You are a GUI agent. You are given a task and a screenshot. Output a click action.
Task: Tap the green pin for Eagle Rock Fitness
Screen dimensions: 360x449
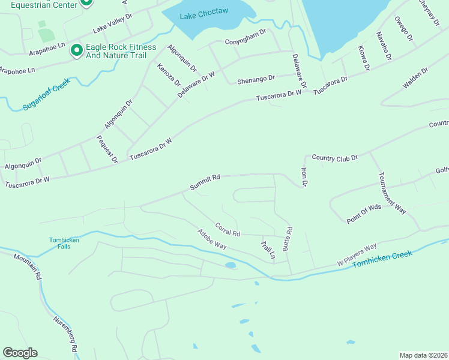point(76,51)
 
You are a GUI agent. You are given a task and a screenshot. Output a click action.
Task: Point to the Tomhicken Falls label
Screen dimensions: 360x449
point(64,243)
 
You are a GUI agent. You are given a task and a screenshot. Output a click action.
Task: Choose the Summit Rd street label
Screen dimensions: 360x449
point(205,182)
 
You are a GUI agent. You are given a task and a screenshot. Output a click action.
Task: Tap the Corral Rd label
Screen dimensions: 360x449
point(228,229)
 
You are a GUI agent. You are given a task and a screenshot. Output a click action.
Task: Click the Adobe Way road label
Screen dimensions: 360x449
point(212,239)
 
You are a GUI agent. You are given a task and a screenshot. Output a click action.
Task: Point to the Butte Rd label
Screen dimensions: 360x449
point(289,238)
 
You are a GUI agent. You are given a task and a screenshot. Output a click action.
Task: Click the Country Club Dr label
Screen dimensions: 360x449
point(334,157)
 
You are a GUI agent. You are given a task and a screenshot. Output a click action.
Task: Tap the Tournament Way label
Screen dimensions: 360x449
point(392,193)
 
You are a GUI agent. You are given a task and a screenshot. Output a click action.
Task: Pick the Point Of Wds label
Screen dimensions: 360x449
point(364,214)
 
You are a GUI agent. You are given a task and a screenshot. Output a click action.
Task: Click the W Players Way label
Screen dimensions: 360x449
point(357,255)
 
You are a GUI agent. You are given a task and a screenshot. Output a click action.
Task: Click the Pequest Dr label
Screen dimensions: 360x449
point(106,149)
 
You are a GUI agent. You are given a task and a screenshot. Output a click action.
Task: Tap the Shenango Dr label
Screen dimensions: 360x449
point(256,78)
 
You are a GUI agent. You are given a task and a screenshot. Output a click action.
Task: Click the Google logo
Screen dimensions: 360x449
point(20,353)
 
